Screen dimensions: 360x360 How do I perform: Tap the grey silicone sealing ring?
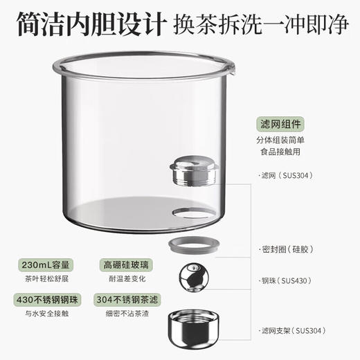193,246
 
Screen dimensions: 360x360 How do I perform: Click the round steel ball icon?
193,282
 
